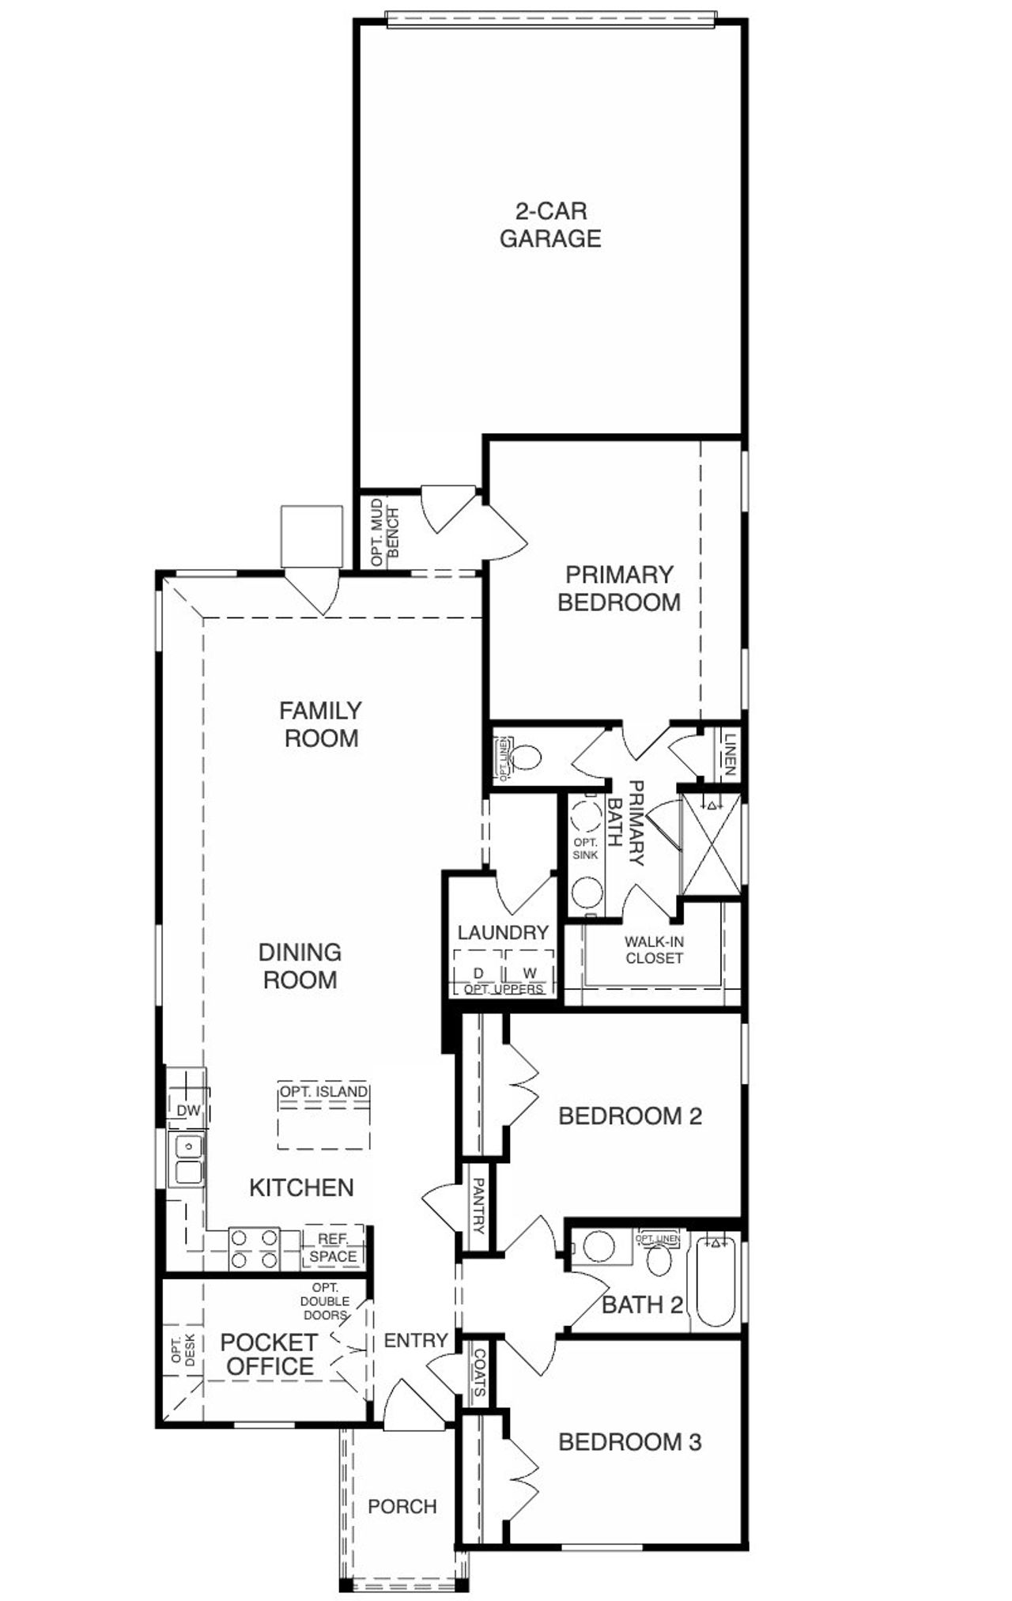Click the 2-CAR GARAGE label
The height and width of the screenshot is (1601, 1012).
[x=549, y=225]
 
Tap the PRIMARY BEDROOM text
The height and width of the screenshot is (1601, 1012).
[x=619, y=588]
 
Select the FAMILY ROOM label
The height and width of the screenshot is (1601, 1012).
[x=320, y=724]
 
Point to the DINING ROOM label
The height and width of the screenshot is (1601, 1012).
[x=300, y=965]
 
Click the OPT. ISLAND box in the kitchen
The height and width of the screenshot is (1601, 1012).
[x=323, y=1116]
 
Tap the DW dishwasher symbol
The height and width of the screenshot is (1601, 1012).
[x=188, y=1111]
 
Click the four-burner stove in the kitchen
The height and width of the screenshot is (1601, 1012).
[x=254, y=1248]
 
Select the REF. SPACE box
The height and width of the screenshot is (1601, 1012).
[x=333, y=1248]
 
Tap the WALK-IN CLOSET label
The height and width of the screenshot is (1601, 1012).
[x=654, y=950]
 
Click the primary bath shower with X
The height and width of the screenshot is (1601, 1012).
[x=712, y=844]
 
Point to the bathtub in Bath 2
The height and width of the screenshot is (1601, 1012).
[x=716, y=1283]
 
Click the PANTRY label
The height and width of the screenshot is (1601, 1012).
[x=478, y=1206]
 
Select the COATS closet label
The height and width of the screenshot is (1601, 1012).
[x=479, y=1373]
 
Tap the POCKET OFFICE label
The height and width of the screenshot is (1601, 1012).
[x=268, y=1354]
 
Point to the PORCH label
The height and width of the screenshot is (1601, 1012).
[x=402, y=1506]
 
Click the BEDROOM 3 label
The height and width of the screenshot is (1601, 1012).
[x=629, y=1441]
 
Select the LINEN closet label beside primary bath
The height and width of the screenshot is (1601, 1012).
[x=729, y=754]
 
